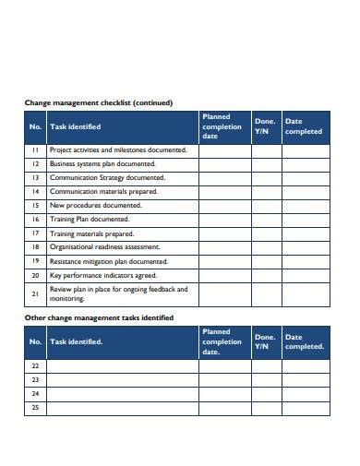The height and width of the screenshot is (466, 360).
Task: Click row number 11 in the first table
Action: point(35,149)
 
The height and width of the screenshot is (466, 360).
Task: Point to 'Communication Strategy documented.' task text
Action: point(108,177)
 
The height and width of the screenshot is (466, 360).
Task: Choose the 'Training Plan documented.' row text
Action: point(90,220)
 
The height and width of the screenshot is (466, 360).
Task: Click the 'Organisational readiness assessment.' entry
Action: point(105,247)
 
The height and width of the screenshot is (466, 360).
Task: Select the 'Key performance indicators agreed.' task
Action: point(102,275)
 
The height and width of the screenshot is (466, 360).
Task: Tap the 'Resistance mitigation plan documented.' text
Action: point(109,261)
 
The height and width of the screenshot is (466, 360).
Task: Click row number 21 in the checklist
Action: point(35,294)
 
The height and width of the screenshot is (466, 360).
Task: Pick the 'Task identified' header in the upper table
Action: point(77,127)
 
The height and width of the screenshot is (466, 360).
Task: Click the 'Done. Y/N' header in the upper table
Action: point(265,127)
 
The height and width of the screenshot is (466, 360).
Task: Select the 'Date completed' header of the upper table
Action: point(304,127)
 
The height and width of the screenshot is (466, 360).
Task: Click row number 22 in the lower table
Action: point(35,365)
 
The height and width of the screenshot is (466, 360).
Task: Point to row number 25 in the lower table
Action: point(35,407)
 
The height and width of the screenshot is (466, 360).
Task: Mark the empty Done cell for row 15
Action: point(266,205)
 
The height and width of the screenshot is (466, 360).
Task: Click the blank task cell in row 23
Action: point(122,379)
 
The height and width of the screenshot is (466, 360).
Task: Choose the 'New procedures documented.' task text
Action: point(95,205)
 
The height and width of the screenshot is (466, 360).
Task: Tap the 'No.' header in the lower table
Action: point(35,341)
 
